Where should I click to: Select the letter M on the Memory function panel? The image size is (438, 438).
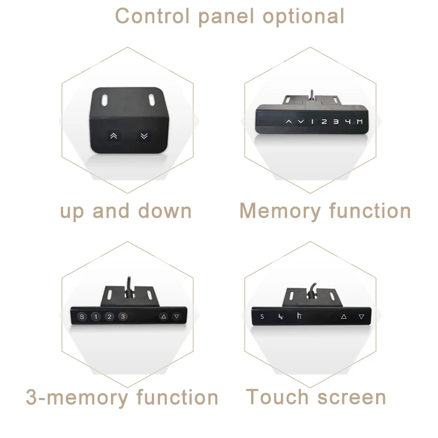361,121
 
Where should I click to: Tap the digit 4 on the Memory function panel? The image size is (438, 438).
349,121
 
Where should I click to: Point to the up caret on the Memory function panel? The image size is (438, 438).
288,121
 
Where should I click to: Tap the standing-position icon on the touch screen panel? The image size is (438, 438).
298,317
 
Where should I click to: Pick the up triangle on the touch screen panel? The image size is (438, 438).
343,317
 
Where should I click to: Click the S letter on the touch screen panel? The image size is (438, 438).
262,317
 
